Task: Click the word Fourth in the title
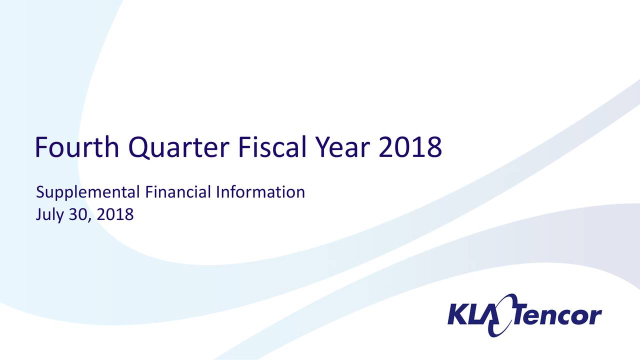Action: [77, 147]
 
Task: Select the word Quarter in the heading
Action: [179, 147]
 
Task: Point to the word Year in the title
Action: [342, 147]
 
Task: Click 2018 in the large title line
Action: [410, 147]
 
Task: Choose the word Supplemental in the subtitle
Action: [87, 192]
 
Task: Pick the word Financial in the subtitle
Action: [178, 191]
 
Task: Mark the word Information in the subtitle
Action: [260, 191]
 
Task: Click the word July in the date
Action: [49, 215]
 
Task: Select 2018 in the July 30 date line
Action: [115, 214]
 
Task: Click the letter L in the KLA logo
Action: [476, 314]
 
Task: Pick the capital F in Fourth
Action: [41, 147]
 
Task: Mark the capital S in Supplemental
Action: [40, 192]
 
